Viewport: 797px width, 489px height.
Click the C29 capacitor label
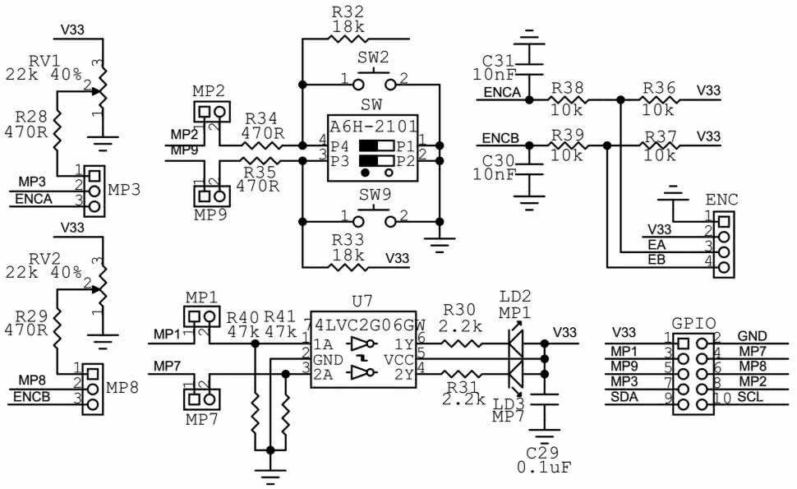click(x=542, y=452)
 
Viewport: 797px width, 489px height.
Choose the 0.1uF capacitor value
click(x=544, y=467)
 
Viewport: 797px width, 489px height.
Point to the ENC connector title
click(x=721, y=200)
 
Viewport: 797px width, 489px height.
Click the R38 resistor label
click(x=568, y=87)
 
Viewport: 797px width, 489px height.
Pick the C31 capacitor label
click(x=499, y=60)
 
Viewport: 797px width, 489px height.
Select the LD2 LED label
click(x=514, y=296)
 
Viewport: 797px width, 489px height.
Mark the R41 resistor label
click(x=280, y=316)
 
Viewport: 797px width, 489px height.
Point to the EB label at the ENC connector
click(x=656, y=260)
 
